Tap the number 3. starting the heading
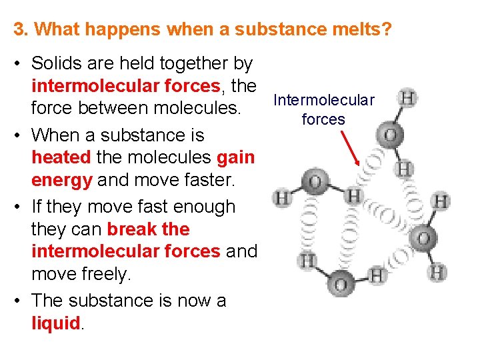click(21, 29)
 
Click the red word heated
click(62, 157)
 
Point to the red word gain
click(236, 157)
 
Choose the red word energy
click(62, 181)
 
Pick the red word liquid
click(56, 323)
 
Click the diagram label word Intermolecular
click(324, 100)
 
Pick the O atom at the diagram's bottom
click(340, 285)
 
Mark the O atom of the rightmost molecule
click(425, 236)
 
